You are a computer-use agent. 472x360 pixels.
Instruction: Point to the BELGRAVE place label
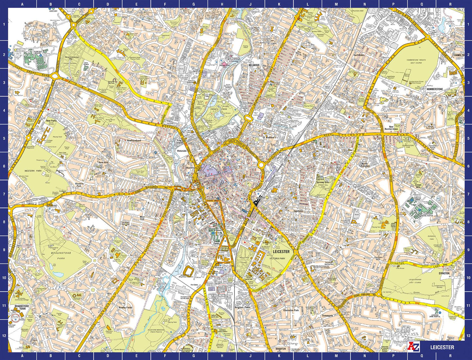[x=254, y=65]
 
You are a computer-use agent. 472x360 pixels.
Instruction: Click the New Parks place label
[x=52, y=120]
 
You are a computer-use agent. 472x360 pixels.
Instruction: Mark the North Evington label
[x=365, y=165]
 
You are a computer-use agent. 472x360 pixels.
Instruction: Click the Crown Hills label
[x=418, y=186]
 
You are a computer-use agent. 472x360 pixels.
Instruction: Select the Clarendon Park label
[x=291, y=310]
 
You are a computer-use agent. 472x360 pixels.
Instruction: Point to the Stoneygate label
[x=327, y=316]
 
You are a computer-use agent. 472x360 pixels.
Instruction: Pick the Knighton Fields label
[x=243, y=307]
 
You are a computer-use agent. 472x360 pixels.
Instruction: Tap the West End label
[x=142, y=218]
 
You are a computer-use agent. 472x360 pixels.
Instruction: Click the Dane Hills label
[x=103, y=162]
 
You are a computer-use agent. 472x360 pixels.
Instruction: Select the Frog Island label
[x=179, y=142]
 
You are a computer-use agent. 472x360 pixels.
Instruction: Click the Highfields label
[x=298, y=211]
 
